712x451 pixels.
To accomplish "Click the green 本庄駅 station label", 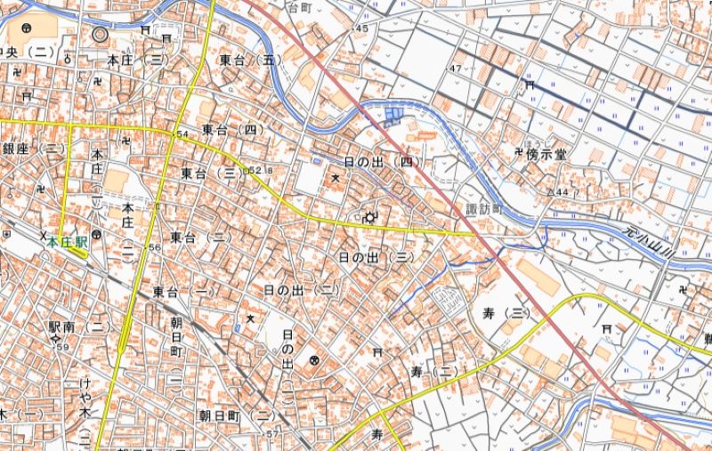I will point(67,241).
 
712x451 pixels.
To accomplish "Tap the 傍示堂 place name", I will point(544,154).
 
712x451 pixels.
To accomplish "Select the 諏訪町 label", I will point(484,210).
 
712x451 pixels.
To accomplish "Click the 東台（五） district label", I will point(250,60).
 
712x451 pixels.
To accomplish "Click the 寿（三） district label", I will point(506,312).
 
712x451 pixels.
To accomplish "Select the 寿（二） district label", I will point(433,369).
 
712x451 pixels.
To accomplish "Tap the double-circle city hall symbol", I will point(100,35).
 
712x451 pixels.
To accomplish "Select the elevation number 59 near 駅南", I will point(63,347).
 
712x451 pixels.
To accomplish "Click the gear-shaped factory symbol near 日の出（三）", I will point(368,216).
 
